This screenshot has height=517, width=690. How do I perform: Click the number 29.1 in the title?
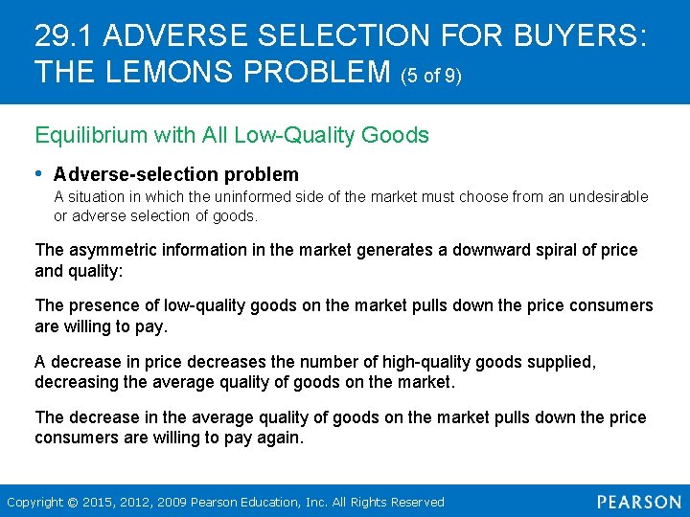(x=64, y=37)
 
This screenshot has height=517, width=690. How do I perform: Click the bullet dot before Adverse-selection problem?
(x=39, y=173)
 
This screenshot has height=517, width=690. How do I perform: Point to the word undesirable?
(x=609, y=196)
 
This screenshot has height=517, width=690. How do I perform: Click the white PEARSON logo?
(x=638, y=501)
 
